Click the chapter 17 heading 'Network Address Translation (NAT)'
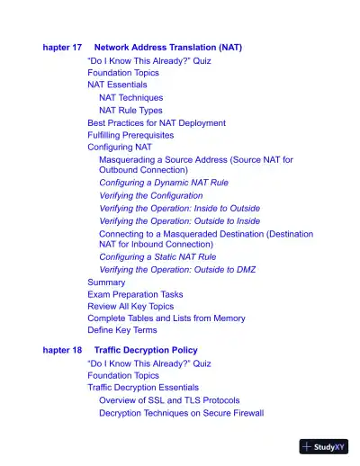(167, 47)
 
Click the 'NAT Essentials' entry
(117, 85)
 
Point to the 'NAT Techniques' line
(131, 97)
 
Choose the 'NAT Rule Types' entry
(130, 110)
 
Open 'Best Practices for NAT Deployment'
(157, 122)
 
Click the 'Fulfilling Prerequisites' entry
(130, 135)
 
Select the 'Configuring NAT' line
(120, 147)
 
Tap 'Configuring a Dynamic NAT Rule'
(164, 183)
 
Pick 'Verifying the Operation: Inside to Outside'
(180, 208)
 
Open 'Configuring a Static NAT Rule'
(157, 256)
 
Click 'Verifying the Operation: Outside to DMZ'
(176, 269)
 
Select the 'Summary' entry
(106, 282)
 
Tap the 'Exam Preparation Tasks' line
(135, 294)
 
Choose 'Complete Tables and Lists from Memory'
(166, 318)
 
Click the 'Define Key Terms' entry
(121, 330)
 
